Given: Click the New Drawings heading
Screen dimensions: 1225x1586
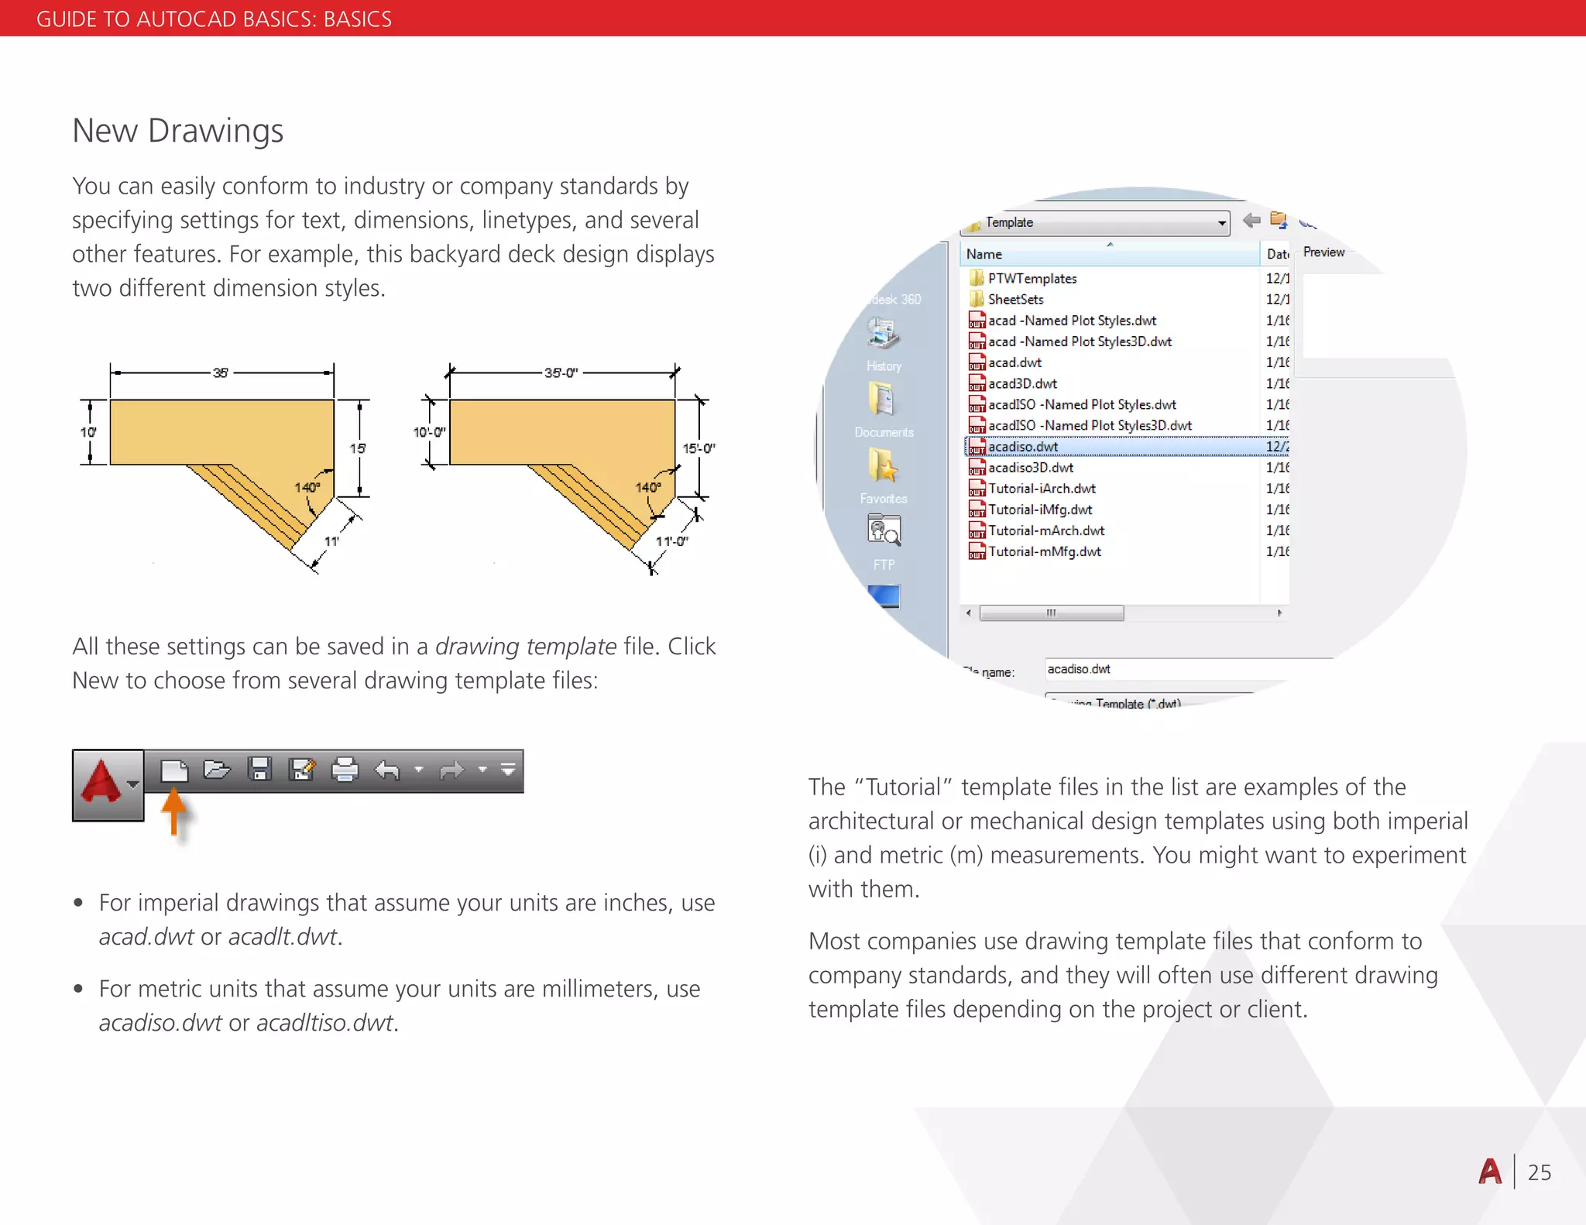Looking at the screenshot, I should (177, 131).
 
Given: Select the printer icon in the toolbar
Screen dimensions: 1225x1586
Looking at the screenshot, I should (345, 770).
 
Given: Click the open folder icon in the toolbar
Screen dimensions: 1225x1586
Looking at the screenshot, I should (217, 770).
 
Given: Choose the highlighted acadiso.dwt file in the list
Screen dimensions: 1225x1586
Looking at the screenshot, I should (1023, 447).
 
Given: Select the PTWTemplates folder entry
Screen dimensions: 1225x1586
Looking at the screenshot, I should (1032, 279).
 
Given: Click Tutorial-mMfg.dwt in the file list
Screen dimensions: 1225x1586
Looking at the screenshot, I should (1044, 552).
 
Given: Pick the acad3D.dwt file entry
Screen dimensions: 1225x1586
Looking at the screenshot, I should (1022, 384).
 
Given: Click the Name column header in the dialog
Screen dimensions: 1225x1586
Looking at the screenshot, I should (984, 254).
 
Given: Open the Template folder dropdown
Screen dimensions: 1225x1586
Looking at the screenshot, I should (1221, 223).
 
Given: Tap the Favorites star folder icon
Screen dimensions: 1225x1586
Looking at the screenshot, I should (883, 467).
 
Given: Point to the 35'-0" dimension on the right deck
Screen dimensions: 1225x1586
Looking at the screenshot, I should (561, 372).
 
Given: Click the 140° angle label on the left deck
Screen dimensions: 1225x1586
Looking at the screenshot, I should (307, 487).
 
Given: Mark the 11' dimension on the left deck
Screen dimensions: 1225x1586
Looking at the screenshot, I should (331, 541).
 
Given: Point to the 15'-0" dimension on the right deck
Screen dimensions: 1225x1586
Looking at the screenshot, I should (699, 448).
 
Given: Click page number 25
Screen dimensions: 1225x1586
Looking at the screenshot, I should (1539, 1172).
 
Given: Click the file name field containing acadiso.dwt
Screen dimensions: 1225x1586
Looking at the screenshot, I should (1162, 669).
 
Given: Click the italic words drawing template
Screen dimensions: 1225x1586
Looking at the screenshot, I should (526, 647).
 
